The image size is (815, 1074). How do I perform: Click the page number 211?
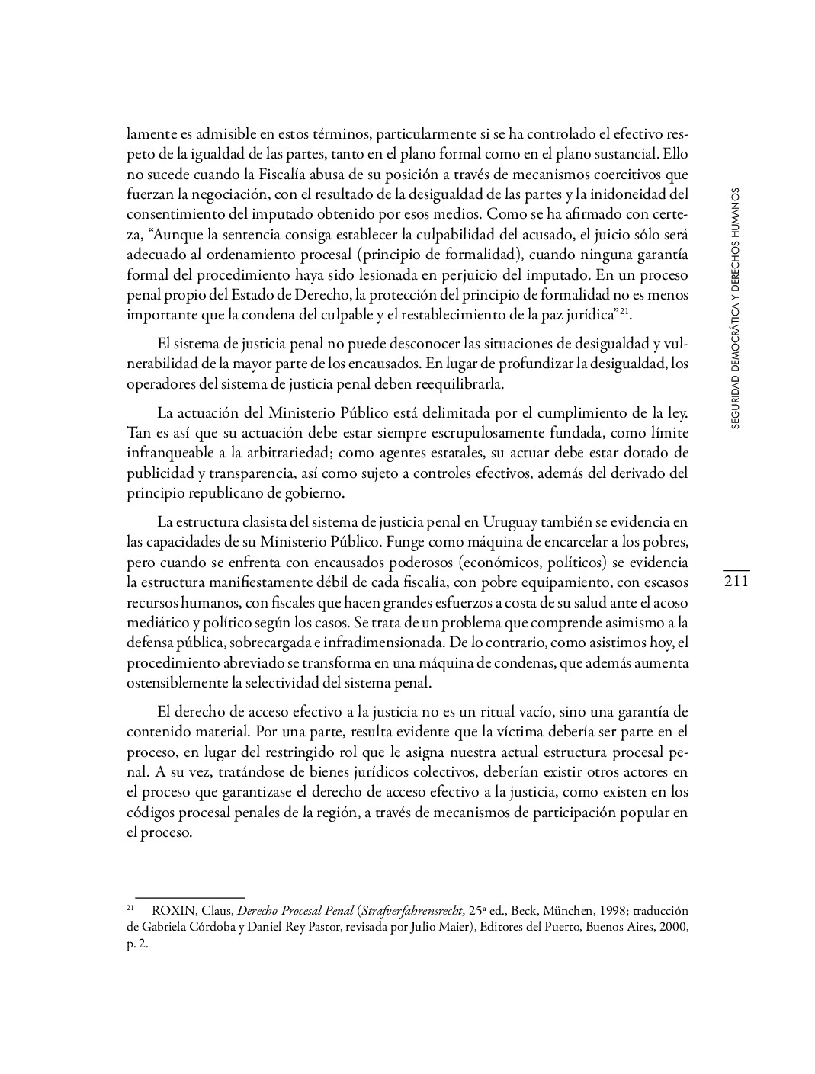(x=736, y=582)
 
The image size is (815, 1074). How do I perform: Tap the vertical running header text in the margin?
(x=735, y=309)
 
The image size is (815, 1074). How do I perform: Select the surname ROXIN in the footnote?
(x=172, y=911)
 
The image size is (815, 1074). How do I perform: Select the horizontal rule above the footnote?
(x=189, y=898)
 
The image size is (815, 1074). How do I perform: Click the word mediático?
(x=156, y=622)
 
